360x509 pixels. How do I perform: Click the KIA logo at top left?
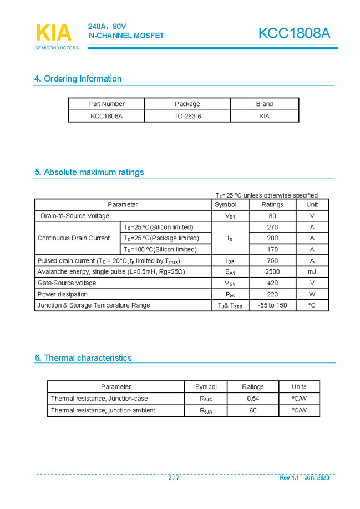pyautogui.click(x=54, y=33)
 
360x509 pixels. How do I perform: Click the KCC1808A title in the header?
pyautogui.click(x=294, y=33)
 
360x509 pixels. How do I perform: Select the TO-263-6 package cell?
pyautogui.click(x=187, y=116)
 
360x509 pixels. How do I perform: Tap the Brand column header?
pyautogui.click(x=264, y=104)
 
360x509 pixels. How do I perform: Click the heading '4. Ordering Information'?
pyautogui.click(x=78, y=79)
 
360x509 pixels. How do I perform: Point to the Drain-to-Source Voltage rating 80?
pyautogui.click(x=272, y=216)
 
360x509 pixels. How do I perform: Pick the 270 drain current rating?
pyautogui.click(x=272, y=227)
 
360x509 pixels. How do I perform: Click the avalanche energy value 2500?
pyautogui.click(x=272, y=272)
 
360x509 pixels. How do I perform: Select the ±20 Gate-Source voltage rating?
pyautogui.click(x=272, y=283)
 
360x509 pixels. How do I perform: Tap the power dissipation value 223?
pyautogui.click(x=272, y=294)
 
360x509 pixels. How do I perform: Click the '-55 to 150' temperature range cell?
pyautogui.click(x=272, y=305)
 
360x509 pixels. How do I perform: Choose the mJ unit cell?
pyautogui.click(x=312, y=272)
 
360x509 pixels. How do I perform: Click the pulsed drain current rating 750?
pyautogui.click(x=272, y=261)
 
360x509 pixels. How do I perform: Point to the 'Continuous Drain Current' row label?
pyautogui.click(x=74, y=238)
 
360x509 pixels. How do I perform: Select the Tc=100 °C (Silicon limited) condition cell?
pyautogui.click(x=160, y=250)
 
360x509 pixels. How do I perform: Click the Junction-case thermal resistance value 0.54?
pyautogui.click(x=253, y=399)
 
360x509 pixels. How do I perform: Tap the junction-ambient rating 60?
pyautogui.click(x=253, y=410)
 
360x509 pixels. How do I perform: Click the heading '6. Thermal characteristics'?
pyautogui.click(x=83, y=358)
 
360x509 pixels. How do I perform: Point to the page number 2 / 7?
pyautogui.click(x=174, y=477)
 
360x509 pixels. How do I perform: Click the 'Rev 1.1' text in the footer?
pyautogui.click(x=289, y=477)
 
